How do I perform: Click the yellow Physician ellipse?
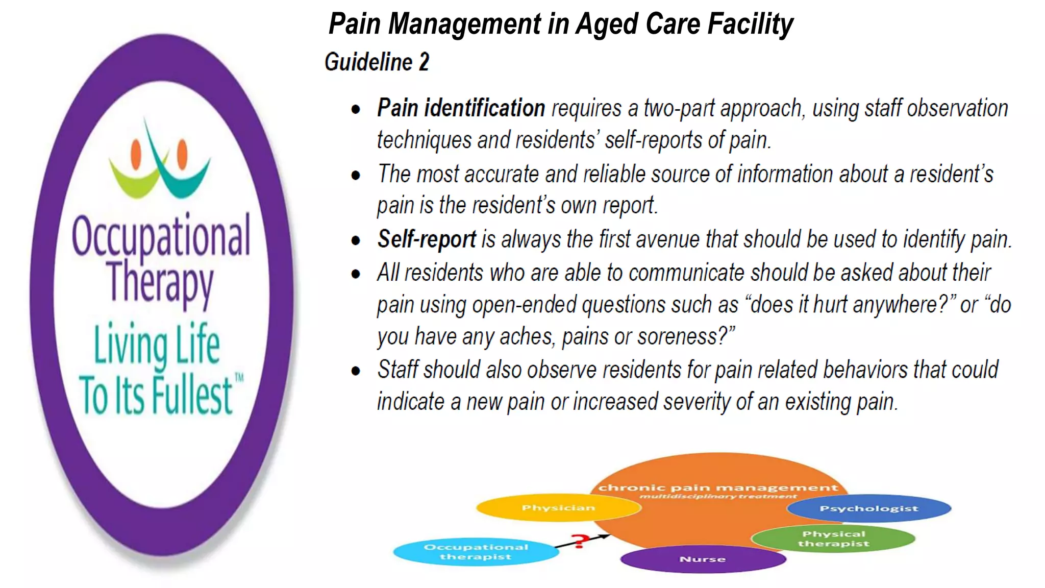click(x=558, y=508)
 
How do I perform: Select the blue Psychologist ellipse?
click(x=868, y=508)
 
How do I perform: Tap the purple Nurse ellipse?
click(x=703, y=559)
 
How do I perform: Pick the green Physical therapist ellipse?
click(x=833, y=539)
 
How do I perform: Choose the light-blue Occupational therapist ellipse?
click(x=476, y=552)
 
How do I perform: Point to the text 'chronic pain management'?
click(x=718, y=488)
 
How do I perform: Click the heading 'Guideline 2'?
click(x=377, y=62)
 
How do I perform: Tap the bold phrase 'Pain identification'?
click(x=461, y=108)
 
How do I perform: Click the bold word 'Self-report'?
click(x=427, y=239)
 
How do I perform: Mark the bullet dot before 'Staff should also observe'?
click(x=356, y=371)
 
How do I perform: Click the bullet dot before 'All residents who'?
click(x=356, y=274)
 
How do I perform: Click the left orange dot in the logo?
click(x=136, y=154)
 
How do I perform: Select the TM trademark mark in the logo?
click(x=239, y=378)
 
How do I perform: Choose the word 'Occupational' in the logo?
click(x=161, y=236)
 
